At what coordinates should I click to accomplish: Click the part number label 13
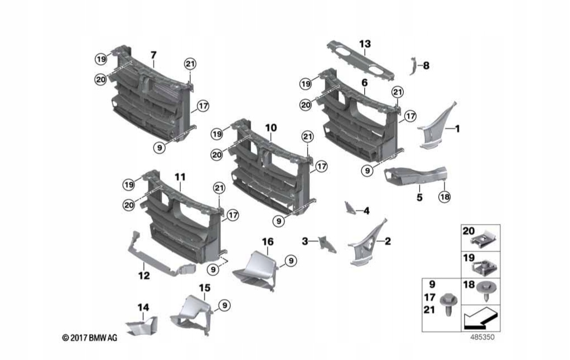pos(365,43)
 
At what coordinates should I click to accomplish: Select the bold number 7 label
pos(153,55)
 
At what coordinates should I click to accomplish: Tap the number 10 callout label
pos(270,128)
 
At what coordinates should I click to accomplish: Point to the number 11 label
pos(180,177)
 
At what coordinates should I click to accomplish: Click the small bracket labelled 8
pos(413,65)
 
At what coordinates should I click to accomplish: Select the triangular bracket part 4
pos(349,208)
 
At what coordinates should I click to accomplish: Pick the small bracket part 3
pos(327,243)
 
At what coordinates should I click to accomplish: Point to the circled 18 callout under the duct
pos(444,197)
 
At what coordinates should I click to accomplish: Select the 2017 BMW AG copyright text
pos(89,338)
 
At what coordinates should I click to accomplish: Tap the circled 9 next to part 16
pos(291,260)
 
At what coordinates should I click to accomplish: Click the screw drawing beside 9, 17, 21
pos(447,303)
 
